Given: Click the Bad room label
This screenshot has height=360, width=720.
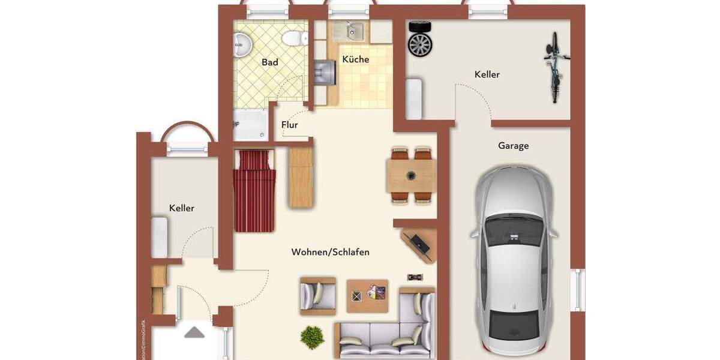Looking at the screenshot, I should pos(270,62).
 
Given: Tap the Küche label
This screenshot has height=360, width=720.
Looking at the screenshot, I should pos(356,59).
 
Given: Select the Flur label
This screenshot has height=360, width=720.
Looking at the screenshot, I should pos(290,125).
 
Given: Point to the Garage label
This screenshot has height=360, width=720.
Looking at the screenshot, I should pos(513,146).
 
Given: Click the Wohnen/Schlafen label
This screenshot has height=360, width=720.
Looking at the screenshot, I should pos(331,252).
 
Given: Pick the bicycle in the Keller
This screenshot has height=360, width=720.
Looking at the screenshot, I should pos(556,67).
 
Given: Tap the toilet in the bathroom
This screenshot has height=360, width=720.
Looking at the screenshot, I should pos(292,37).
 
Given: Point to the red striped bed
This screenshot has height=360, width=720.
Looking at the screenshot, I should pos(254,191).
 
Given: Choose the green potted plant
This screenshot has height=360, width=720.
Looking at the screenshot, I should pos(312,337).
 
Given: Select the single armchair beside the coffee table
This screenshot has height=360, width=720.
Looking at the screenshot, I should pos(317,296).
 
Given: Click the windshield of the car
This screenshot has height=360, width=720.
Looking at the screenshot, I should pos(513,231).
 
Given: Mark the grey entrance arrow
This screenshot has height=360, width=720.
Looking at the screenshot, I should pos(194,332).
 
